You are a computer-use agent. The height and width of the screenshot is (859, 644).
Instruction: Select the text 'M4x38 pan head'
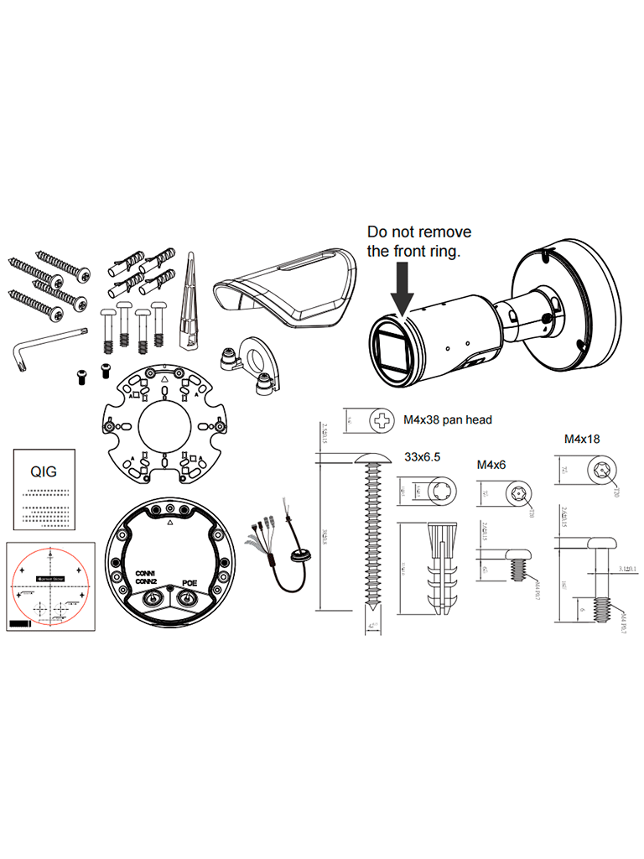(x=448, y=419)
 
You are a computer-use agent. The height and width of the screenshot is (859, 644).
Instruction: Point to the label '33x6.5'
(x=423, y=458)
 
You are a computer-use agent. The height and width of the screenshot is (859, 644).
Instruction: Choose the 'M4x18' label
(x=582, y=438)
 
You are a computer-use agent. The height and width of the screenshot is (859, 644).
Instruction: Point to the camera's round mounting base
(x=579, y=294)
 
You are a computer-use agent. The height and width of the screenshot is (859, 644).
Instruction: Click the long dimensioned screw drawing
(x=370, y=537)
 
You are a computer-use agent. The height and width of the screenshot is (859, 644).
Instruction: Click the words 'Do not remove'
(x=419, y=232)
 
